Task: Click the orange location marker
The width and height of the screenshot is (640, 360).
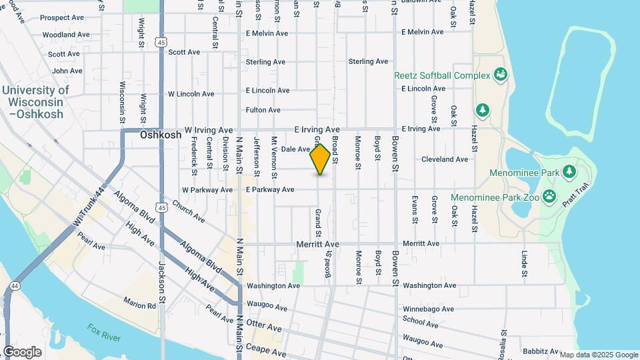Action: coord(321,159)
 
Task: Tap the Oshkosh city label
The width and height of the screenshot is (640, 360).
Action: coord(161,135)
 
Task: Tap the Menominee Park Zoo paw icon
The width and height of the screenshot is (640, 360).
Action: coord(549,196)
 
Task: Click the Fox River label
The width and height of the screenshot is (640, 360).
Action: coord(103,333)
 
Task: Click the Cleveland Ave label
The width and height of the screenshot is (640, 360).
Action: coord(445,159)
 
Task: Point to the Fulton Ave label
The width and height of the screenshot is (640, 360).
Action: coord(263,110)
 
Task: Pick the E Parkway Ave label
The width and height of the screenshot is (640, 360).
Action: coord(269,190)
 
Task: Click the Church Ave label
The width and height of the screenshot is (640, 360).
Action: coord(188,211)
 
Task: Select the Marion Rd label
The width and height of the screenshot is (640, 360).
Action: coord(139,305)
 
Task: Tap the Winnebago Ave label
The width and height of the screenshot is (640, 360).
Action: coord(428,309)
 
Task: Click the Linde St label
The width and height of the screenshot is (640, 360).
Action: coord(525,264)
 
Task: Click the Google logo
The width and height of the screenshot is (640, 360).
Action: coord(22,352)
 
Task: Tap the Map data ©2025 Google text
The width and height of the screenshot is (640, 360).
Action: coord(599,355)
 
